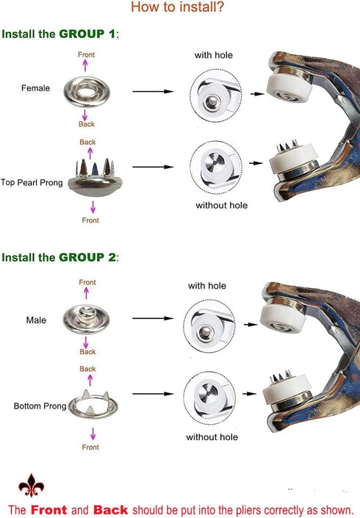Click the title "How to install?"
point(177,7)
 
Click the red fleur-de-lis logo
point(32,486)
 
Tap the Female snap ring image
point(87,92)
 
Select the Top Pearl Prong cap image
point(95,178)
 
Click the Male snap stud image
point(86,319)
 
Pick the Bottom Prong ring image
point(93,404)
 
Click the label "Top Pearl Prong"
point(32,183)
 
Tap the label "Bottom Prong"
point(40,406)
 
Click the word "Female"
point(36,88)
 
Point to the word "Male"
point(36,320)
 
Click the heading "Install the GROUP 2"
point(60,257)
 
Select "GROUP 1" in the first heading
point(87,34)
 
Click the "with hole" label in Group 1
point(214,55)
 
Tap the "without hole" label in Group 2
point(212,437)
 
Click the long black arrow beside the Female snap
point(154,91)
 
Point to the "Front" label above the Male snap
point(87,282)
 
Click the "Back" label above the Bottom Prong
point(87,369)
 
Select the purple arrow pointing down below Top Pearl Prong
point(93,206)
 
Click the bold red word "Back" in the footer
point(111,510)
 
